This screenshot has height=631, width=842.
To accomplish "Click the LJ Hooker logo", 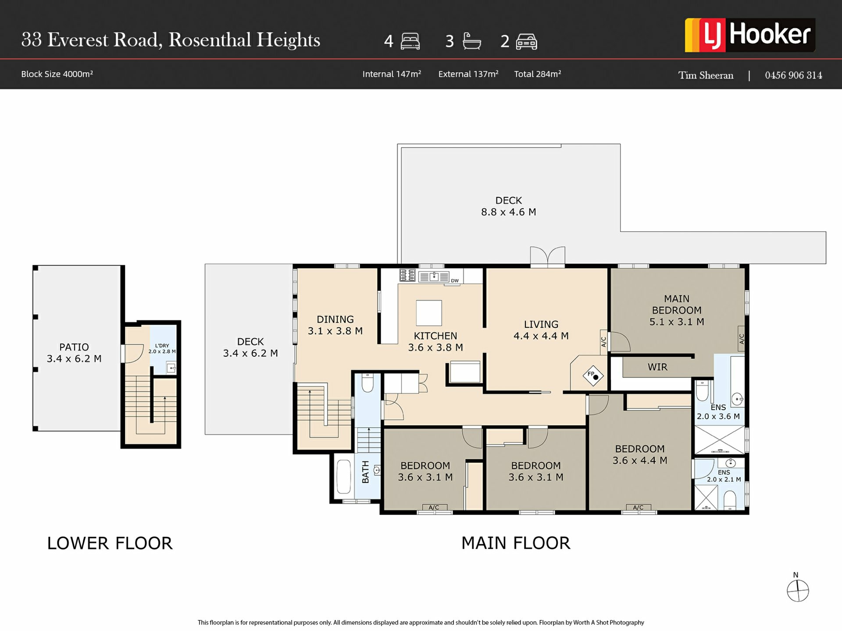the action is pyautogui.click(x=750, y=35).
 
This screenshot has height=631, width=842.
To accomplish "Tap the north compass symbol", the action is pyautogui.click(x=798, y=590).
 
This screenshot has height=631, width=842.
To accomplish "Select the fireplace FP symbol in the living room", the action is pyautogui.click(x=593, y=376).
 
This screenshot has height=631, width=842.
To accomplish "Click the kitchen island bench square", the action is pyautogui.click(x=429, y=313).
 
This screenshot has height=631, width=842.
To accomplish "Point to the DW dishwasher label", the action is pyautogui.click(x=455, y=281).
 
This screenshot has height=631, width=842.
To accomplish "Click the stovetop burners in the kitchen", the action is pyautogui.click(x=407, y=275).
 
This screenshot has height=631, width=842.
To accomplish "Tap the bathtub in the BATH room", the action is pyautogui.click(x=343, y=477).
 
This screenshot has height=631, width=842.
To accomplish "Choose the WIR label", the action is pyautogui.click(x=657, y=367).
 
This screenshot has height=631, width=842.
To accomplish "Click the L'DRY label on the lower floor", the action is pyautogui.click(x=162, y=346).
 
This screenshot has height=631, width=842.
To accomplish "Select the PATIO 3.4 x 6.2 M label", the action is pyautogui.click(x=74, y=353).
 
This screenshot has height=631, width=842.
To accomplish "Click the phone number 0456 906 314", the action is pyautogui.click(x=793, y=75).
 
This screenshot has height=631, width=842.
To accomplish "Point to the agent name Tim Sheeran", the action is pyautogui.click(x=706, y=75).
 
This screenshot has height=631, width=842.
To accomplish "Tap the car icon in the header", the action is pyautogui.click(x=526, y=42).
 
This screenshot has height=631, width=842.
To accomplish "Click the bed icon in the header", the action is pyautogui.click(x=410, y=42).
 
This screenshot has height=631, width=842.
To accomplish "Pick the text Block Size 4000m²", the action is pyautogui.click(x=57, y=74).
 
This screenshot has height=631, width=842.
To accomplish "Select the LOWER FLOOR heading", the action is pyautogui.click(x=110, y=543).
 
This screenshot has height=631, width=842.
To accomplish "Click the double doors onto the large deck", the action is pyautogui.click(x=548, y=256).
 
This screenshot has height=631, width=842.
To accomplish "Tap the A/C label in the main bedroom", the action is pyautogui.click(x=742, y=339).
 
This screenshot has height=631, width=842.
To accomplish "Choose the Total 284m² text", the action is pyautogui.click(x=538, y=74).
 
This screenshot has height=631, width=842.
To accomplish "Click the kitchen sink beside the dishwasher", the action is pyautogui.click(x=434, y=277).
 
